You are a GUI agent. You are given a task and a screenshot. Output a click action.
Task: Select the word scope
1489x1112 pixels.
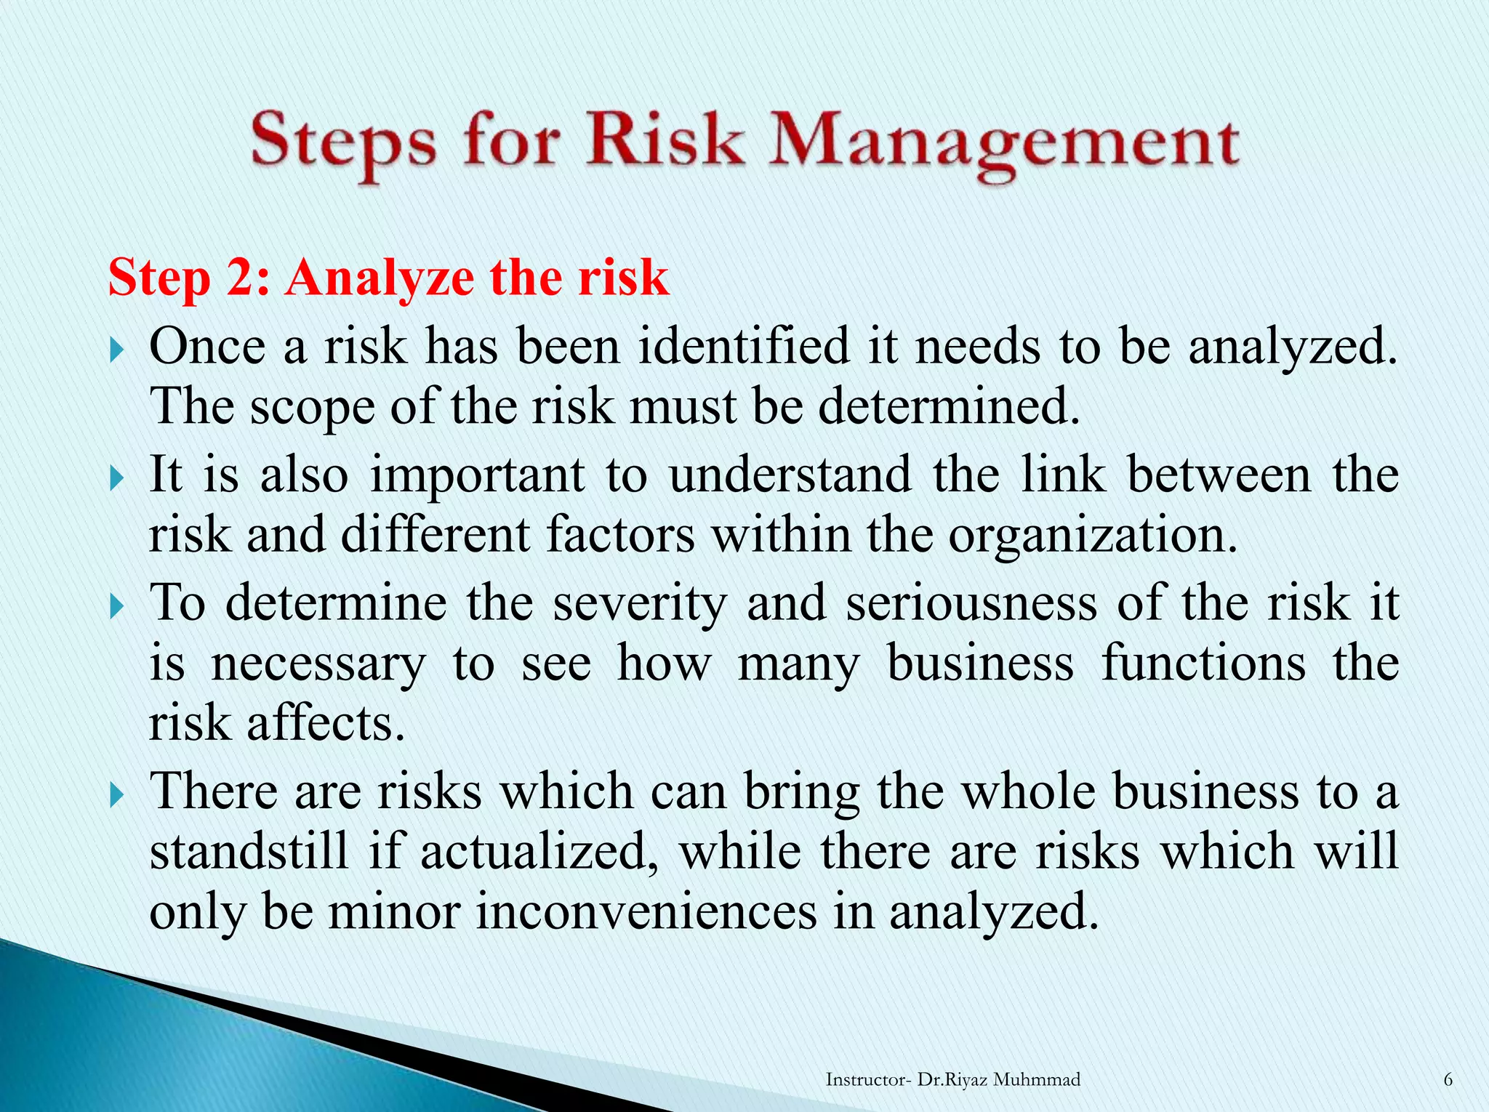(x=312, y=408)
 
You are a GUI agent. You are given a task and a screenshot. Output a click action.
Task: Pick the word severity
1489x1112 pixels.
(x=639, y=604)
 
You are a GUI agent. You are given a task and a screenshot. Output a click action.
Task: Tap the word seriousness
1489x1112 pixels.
(x=971, y=603)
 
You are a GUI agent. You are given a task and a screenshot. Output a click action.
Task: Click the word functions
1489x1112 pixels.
(x=1203, y=663)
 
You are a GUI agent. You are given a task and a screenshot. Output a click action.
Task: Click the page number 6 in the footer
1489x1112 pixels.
(x=1448, y=1080)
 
